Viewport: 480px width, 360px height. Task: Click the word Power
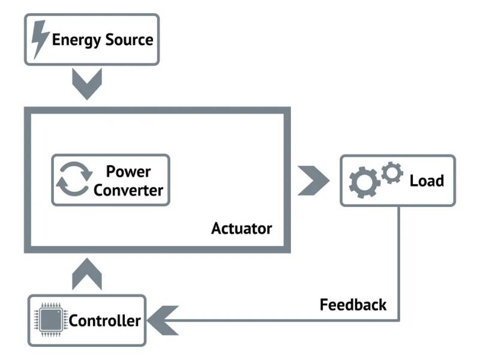[128, 172]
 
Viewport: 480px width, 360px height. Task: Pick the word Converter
[128, 190]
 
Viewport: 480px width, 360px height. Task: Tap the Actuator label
[241, 229]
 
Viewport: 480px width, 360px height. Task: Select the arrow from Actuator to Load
[314, 179]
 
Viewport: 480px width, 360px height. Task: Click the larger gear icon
[364, 182]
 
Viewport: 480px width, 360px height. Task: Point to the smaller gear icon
[392, 173]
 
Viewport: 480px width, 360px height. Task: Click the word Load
[427, 181]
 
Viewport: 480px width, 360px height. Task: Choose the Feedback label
[353, 305]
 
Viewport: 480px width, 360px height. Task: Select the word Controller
[104, 320]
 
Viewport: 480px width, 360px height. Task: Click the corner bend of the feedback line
[398, 320]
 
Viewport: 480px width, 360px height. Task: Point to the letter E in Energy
[56, 40]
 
